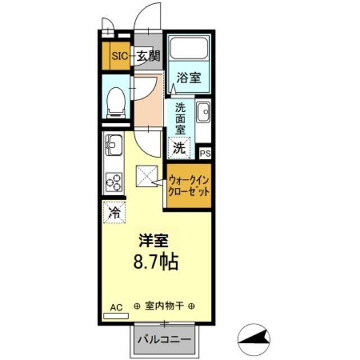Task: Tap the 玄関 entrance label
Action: (x=149, y=56)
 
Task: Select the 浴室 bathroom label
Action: (x=188, y=78)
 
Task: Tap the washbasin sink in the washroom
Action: (x=202, y=114)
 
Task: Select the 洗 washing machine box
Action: (x=179, y=148)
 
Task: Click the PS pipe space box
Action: (x=205, y=152)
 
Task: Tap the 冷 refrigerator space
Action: (x=114, y=213)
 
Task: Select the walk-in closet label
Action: (x=188, y=186)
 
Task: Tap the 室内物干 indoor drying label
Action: (x=165, y=307)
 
